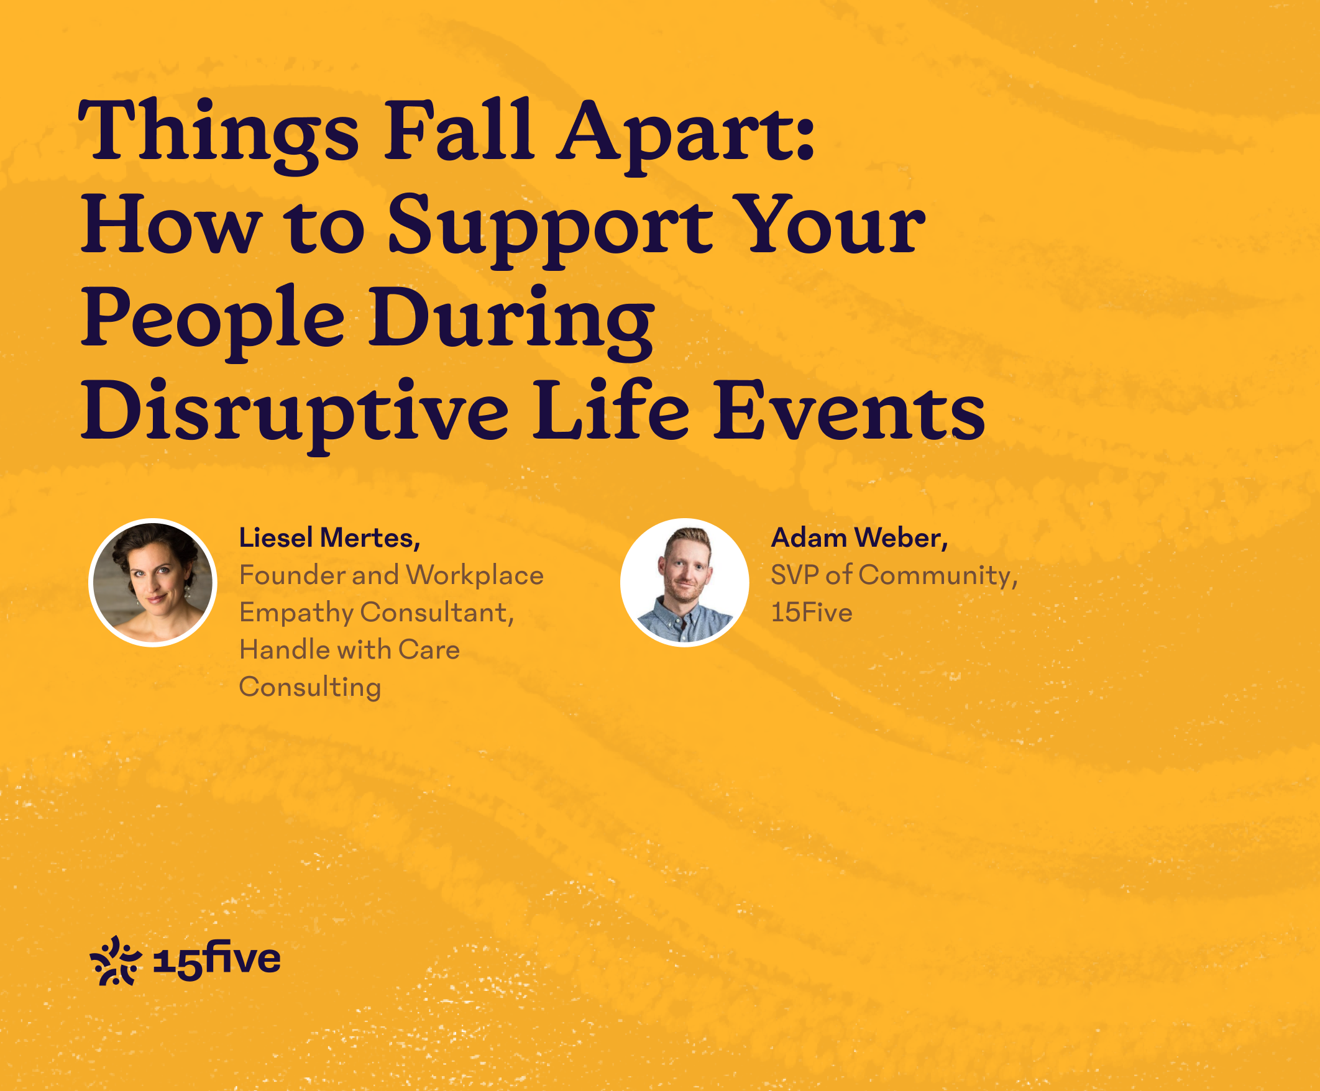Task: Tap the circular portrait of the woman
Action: tap(153, 583)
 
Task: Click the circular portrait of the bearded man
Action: tap(684, 583)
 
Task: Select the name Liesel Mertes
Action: tap(329, 538)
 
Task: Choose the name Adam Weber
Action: tap(859, 538)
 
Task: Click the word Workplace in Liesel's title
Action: tap(475, 575)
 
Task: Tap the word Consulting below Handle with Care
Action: tap(310, 688)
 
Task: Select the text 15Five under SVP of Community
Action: tap(812, 613)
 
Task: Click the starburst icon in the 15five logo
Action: tap(116, 961)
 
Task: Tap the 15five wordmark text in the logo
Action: tap(217, 961)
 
